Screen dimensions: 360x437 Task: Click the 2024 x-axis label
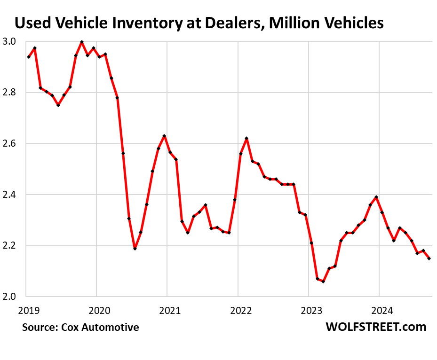(381, 310)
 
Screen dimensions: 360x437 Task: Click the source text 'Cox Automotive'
(101, 327)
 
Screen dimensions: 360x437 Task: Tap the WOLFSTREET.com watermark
(376, 327)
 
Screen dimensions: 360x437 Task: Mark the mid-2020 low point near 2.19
(135, 248)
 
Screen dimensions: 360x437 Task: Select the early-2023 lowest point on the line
(323, 281)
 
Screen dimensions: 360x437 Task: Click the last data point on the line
(429, 258)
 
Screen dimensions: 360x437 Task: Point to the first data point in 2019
(29, 57)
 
